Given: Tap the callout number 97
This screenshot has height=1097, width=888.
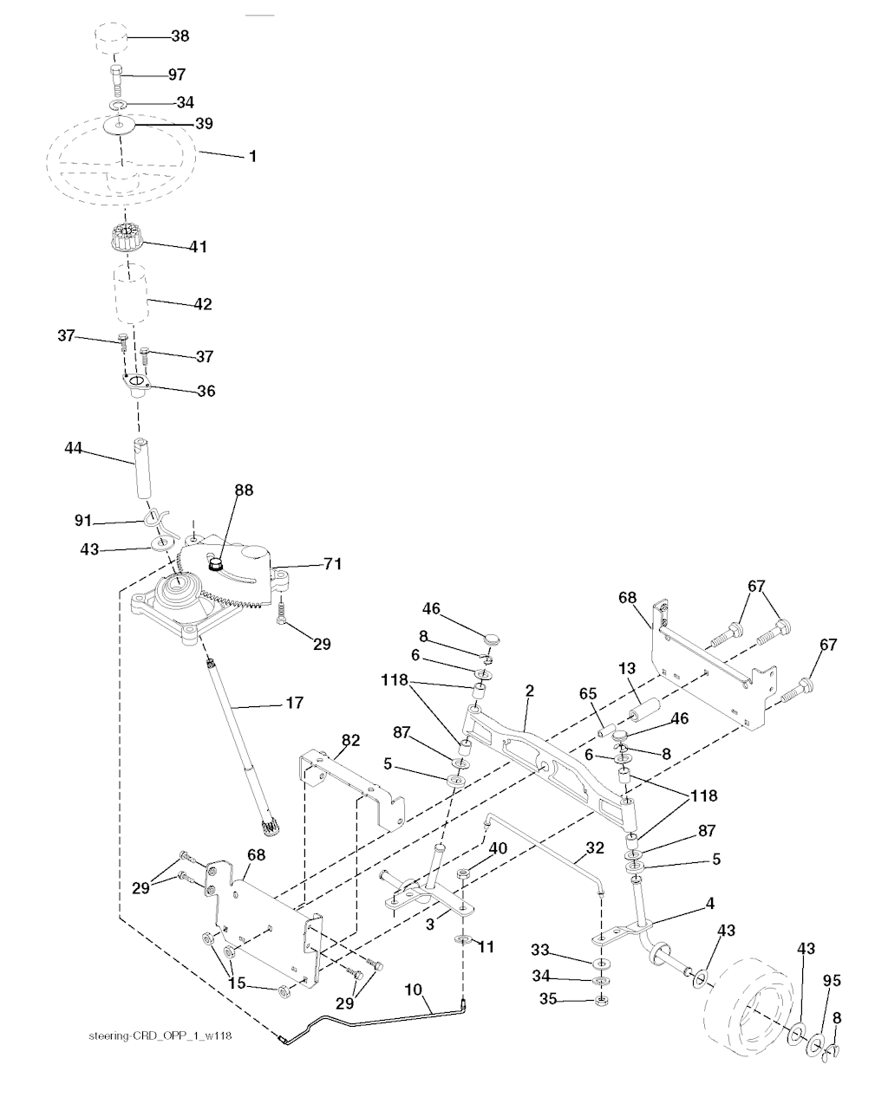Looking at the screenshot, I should [x=176, y=75].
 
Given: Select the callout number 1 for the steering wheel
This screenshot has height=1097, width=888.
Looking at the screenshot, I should [x=252, y=157].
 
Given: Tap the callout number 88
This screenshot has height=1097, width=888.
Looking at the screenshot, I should [x=244, y=490].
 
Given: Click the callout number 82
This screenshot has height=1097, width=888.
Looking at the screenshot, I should [x=349, y=740].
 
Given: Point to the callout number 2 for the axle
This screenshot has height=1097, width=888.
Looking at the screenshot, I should [x=529, y=691].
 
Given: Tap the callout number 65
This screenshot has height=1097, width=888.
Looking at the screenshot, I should [x=588, y=694].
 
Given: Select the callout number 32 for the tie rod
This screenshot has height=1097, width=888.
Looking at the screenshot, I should [x=593, y=849].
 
